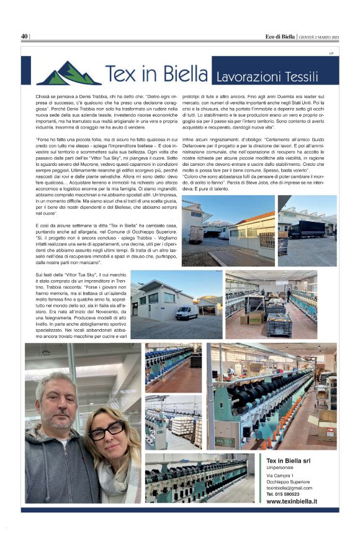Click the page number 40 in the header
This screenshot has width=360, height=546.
[x=25, y=36]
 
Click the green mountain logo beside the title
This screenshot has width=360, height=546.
[x=69, y=73]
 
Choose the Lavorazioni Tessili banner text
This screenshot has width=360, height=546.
[x=267, y=77]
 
